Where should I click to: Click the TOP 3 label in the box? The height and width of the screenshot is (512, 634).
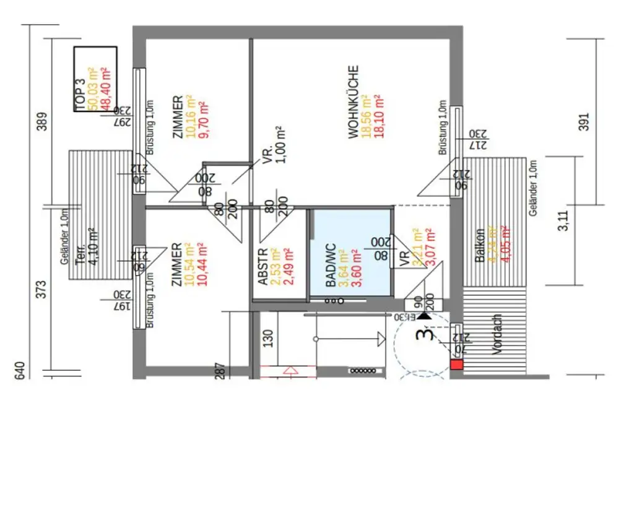point(80,95)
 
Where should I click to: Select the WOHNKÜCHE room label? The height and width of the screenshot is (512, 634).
point(353,102)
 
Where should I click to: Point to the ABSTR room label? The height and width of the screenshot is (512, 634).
point(262,267)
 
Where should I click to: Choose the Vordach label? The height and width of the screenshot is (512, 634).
point(496,334)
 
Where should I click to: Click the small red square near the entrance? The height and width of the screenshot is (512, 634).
point(456,365)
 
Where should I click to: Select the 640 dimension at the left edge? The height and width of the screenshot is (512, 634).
point(19,370)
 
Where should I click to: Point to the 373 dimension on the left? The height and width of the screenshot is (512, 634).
point(41,289)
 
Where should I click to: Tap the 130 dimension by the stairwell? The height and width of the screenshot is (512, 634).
point(267,339)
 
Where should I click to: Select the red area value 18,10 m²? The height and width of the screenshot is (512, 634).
point(378,116)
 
